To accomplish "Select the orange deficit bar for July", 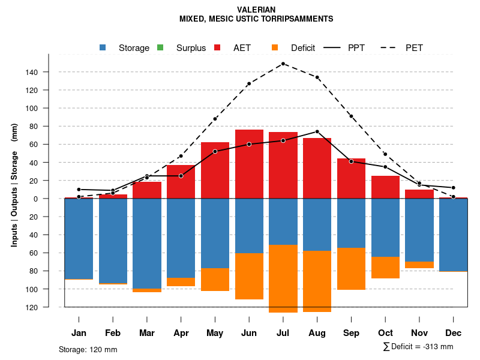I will tap(283, 278).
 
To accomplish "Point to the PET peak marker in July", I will tap(283, 64).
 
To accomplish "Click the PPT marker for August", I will tap(317, 131).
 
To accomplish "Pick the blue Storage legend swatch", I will tap(103, 47).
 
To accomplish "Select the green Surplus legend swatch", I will tap(160, 47).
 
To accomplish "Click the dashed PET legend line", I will tap(391, 47).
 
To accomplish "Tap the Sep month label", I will tap(351, 333).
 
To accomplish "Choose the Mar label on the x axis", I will tap(146, 333).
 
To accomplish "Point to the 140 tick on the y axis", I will tap(48, 73).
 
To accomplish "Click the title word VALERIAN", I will tap(256, 10).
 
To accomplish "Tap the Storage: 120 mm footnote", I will tap(88, 349).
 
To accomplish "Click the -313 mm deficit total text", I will tap(436, 347).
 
